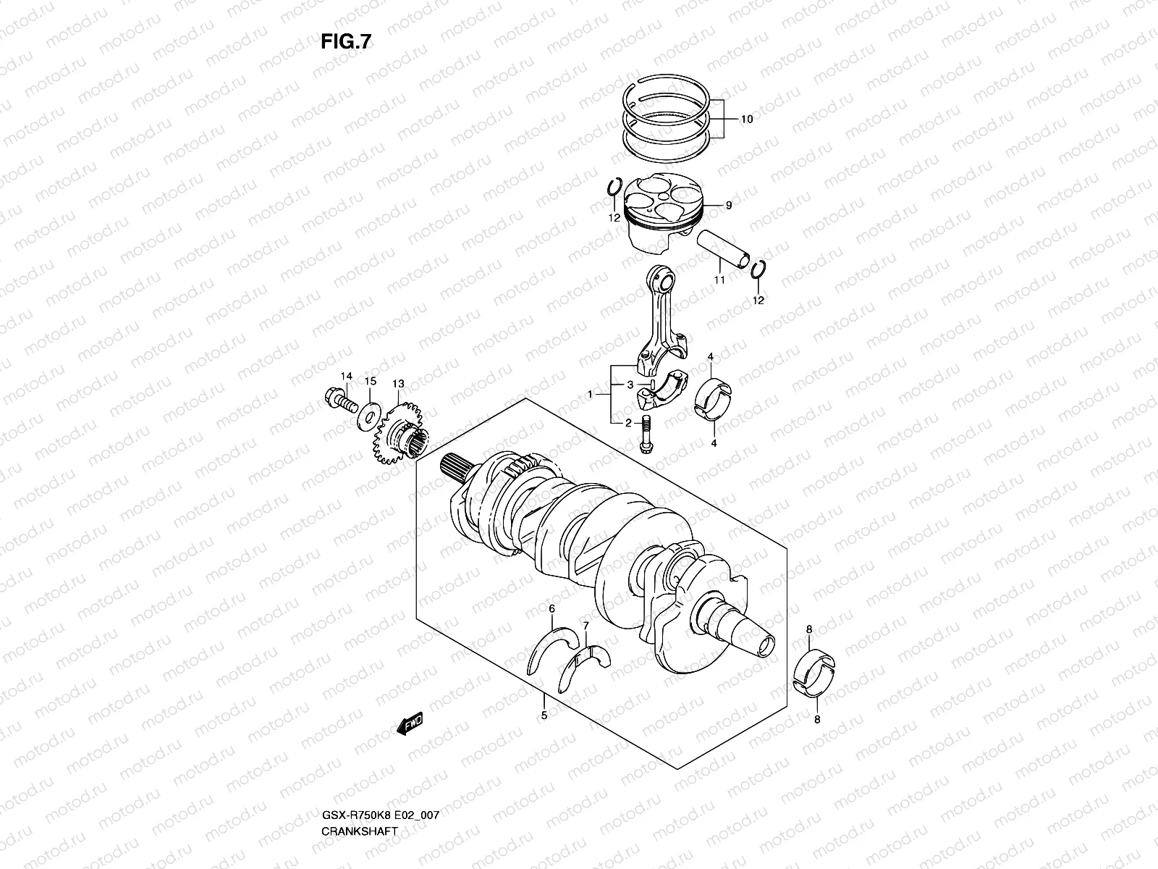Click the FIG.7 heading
pyautogui.click(x=346, y=42)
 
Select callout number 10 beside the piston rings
pyautogui.click(x=746, y=119)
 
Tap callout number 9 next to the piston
pyautogui.click(x=728, y=206)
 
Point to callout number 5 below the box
pyautogui.click(x=544, y=715)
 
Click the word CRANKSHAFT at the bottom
pyautogui.click(x=359, y=771)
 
